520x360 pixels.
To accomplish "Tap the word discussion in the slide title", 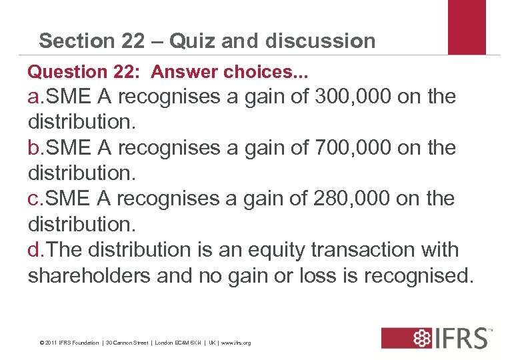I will coord(320,41).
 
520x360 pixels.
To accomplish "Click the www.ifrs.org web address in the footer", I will coord(237,343).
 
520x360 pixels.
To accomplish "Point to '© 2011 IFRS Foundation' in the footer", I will coord(69,343).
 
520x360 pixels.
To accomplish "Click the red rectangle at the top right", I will coord(467,27).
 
